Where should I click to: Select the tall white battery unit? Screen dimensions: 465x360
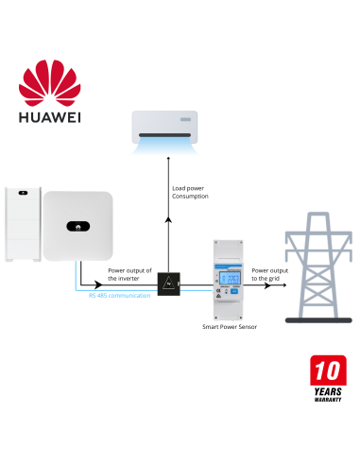pos(21,226)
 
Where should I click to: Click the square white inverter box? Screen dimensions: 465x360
pos(78,226)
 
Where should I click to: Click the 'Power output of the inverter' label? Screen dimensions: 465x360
pos(129,275)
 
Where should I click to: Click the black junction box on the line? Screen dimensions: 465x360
pos(168,283)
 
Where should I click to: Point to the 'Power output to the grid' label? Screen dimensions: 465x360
pos(271,274)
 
